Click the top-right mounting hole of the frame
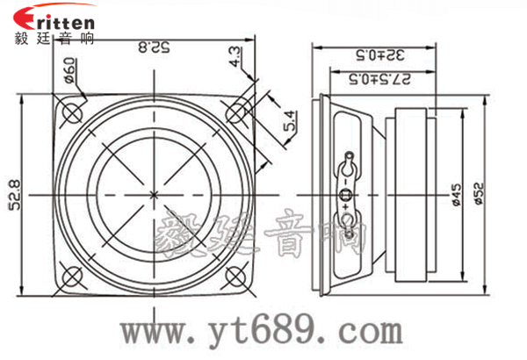click(237, 112)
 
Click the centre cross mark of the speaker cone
click(155, 193)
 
